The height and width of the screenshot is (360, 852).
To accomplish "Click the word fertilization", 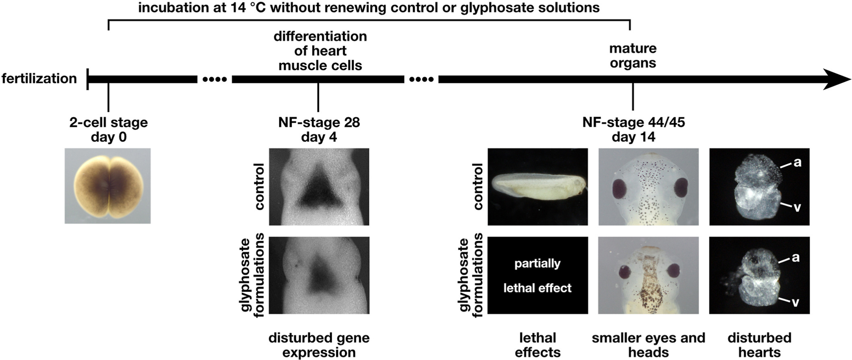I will (x=39, y=78).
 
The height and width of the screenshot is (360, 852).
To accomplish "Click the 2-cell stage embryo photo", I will (x=108, y=186).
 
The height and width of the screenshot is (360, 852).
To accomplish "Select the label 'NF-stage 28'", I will (x=319, y=122).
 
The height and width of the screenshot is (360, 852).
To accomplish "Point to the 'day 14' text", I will (x=633, y=137).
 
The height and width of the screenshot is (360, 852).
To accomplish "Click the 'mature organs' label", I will (x=633, y=56).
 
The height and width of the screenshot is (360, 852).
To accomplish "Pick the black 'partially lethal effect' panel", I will (x=537, y=275).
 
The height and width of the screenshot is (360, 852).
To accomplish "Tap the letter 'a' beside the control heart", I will (x=798, y=163).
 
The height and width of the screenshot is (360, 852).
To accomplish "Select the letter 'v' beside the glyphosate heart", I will (x=795, y=302).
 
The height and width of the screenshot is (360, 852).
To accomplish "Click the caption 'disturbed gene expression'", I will (x=319, y=345).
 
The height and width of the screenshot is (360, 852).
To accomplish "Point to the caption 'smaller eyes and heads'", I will (x=648, y=345).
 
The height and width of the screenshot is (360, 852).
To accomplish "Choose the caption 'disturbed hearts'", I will (x=759, y=345).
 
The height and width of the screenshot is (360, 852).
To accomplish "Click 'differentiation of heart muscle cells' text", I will (x=320, y=51).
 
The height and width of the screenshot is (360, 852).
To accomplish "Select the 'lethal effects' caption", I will (x=537, y=345).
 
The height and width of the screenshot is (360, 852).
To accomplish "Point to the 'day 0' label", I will (x=109, y=137).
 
